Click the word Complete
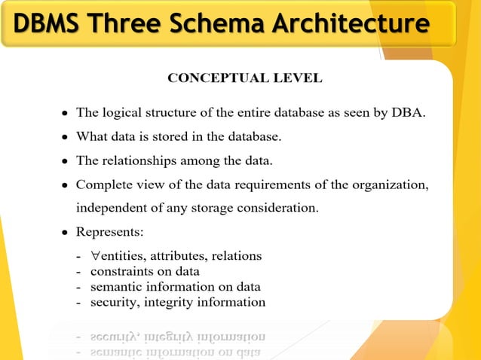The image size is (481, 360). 105,183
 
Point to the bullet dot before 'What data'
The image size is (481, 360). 66,138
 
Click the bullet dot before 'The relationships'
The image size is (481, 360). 66,160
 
